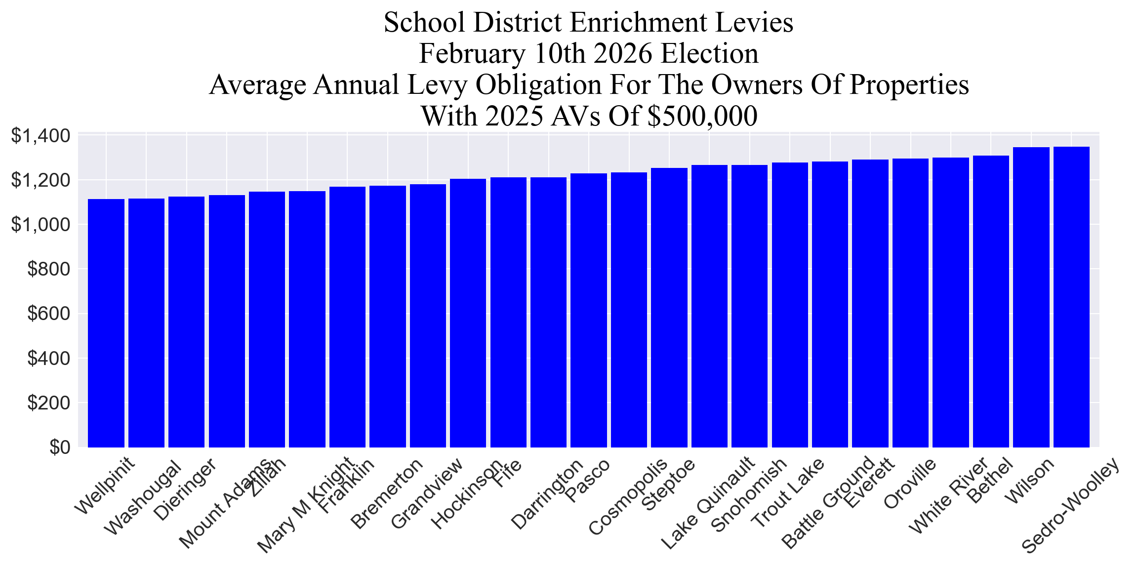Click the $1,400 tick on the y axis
pos(41,136)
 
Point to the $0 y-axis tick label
pos(60,447)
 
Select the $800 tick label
pos(48,269)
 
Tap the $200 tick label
pos(48,403)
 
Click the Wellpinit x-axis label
pos(104,486)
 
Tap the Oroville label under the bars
pos(909,483)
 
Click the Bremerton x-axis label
pos(386,493)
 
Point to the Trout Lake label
pos(787,492)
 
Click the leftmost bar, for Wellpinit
pos(106,324)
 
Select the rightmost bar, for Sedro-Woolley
pos(1071,296)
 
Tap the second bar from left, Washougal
pos(146,324)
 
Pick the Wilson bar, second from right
pos(1031,296)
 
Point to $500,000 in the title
pos(702,117)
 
